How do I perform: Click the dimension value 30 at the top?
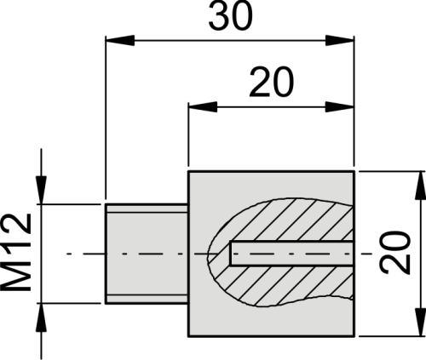(230, 17)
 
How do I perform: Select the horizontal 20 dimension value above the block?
(271, 83)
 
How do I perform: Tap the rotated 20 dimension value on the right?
(394, 253)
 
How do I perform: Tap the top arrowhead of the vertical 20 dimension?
(417, 180)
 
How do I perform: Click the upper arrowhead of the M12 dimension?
(38, 195)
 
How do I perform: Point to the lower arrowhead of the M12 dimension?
(38, 311)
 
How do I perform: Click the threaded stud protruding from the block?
(145, 253)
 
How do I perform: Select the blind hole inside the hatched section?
(290, 253)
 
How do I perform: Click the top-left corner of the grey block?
(187, 170)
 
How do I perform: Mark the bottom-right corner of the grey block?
(353, 335)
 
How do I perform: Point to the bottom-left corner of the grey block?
(187, 335)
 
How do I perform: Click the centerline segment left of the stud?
(81, 253)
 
